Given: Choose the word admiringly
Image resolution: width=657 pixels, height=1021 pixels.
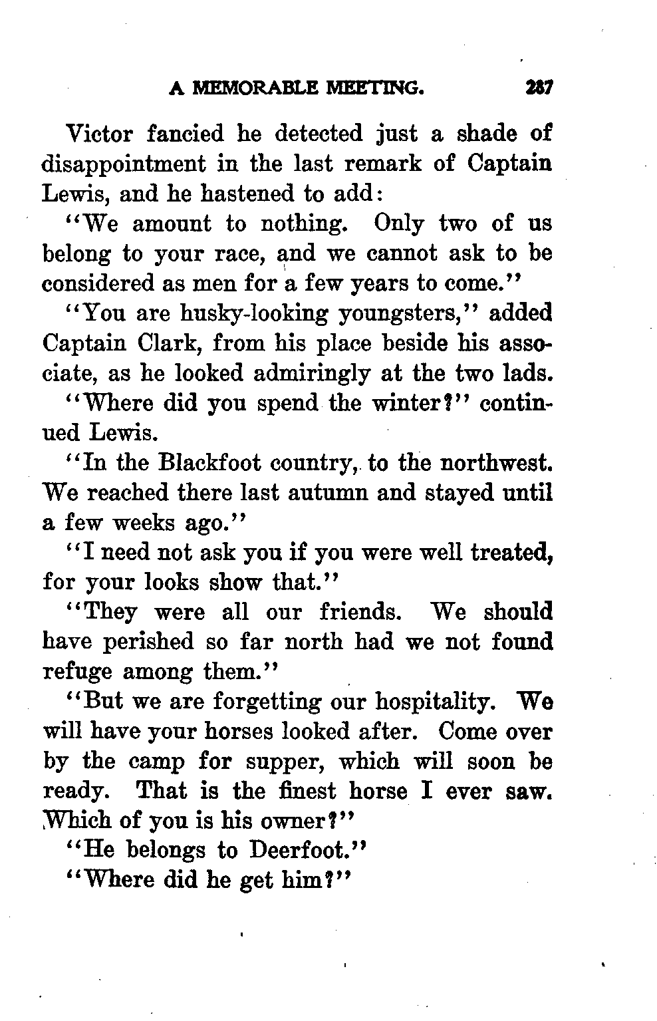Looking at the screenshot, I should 311,373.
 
